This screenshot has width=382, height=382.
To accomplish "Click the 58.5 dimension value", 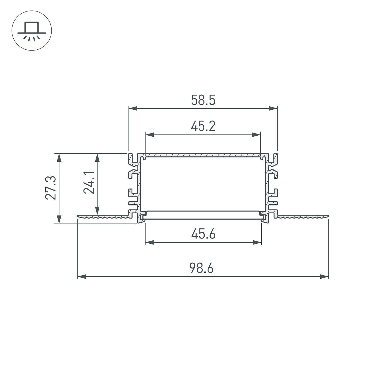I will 203,100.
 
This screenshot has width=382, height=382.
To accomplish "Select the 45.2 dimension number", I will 203,126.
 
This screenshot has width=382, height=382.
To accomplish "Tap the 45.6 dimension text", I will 203,234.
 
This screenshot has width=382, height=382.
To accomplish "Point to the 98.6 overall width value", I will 201,268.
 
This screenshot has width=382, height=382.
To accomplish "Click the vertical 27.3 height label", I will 51,188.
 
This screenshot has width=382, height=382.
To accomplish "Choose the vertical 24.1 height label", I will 89,183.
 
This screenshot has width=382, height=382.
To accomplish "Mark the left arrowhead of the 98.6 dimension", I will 82,277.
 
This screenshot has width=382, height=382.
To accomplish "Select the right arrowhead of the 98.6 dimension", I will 324,277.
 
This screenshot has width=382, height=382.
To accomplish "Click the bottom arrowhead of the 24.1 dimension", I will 97,211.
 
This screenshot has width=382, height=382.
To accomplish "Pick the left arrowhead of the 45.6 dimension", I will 149,242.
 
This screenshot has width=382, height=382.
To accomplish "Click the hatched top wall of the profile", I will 203,155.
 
